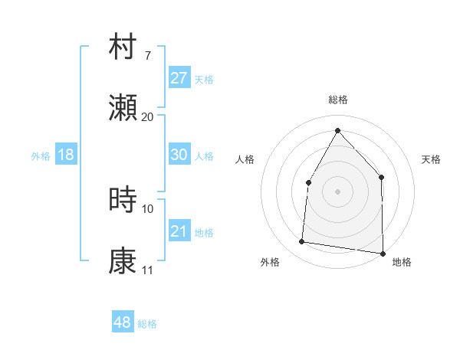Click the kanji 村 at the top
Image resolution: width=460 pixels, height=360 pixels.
pos(123,47)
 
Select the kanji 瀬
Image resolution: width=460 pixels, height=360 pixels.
pos(123,108)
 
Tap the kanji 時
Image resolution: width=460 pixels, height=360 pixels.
pos(123,200)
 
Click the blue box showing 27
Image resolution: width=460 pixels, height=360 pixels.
pos(179,78)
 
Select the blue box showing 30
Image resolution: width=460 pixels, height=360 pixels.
pos(179,155)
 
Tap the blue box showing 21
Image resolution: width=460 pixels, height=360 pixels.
pos(179,231)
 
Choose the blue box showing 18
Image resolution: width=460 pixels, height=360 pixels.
pos(66,155)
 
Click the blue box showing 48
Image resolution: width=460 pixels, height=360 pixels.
pos(122,322)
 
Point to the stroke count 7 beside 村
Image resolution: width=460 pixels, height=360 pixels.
pos(147,56)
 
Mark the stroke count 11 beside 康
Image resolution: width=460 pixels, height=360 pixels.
pos(147,270)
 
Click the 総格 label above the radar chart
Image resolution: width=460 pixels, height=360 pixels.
pos(337,100)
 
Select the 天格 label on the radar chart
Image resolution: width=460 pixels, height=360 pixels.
pos(431,159)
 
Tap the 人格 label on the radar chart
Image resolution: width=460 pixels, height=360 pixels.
pos(245,159)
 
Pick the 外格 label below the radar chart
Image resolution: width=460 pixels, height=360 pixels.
pos(270,262)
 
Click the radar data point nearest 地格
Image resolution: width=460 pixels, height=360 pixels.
pos(383,253)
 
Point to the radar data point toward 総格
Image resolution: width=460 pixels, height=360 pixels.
pos(337,130)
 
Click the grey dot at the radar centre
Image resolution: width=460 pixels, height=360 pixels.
pos(337,191)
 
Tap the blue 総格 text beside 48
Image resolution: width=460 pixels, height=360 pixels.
pos(147,324)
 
